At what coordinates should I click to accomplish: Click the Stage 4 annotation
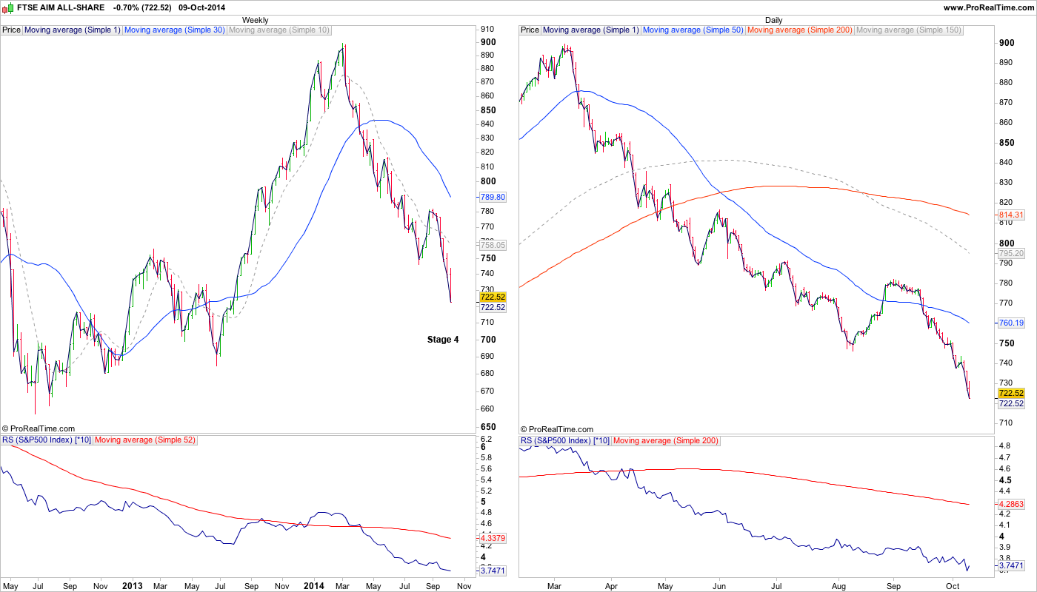pyautogui.click(x=443, y=340)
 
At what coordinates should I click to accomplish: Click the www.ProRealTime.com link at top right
pyautogui.click(x=989, y=7)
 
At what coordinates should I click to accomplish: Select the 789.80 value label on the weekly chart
pyautogui.click(x=493, y=198)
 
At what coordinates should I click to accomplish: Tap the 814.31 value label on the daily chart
pyautogui.click(x=1010, y=215)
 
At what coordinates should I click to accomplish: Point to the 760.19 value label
pyautogui.click(x=1010, y=323)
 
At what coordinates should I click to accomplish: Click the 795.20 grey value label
pyautogui.click(x=1010, y=253)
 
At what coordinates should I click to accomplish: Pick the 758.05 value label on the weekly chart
pyautogui.click(x=493, y=244)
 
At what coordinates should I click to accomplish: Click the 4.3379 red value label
pyautogui.click(x=493, y=538)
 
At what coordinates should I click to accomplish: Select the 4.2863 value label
pyautogui.click(x=1010, y=504)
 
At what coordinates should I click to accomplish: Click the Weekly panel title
pyautogui.click(x=256, y=20)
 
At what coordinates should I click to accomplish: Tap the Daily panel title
pyautogui.click(x=773, y=20)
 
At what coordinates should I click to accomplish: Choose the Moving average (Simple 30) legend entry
pyautogui.click(x=174, y=30)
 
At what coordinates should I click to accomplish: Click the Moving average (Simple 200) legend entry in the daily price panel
pyautogui.click(x=800, y=30)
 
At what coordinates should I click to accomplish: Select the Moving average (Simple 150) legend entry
pyautogui.click(x=908, y=30)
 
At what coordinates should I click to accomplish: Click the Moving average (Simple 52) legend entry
pyautogui.click(x=144, y=440)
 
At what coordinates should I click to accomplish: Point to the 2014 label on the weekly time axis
pyautogui.click(x=315, y=586)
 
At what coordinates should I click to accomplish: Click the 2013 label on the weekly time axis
pyautogui.click(x=132, y=586)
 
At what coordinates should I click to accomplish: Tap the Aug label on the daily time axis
pyautogui.click(x=838, y=586)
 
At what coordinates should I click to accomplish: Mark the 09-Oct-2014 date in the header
pyautogui.click(x=204, y=7)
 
